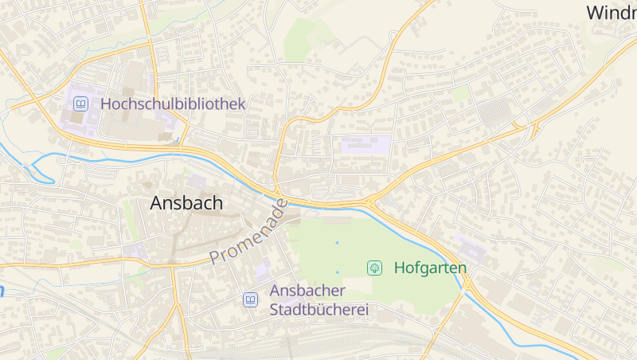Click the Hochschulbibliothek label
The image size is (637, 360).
(x=173, y=104)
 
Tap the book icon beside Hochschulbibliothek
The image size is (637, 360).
(x=80, y=104)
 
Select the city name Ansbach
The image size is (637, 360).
(x=186, y=203)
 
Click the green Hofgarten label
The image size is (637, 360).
(x=430, y=268)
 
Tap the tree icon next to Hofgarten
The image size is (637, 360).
(x=374, y=268)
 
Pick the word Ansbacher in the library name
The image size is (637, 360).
(x=307, y=291)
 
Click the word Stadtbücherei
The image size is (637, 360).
(x=319, y=309)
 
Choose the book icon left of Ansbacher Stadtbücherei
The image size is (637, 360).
(x=251, y=299)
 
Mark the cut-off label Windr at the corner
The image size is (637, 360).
(x=611, y=13)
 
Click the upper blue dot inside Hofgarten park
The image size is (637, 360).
(x=337, y=242)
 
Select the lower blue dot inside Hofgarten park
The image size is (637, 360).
(x=337, y=272)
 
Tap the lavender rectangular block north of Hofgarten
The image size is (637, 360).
(x=365, y=145)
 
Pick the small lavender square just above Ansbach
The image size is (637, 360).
(x=197, y=181)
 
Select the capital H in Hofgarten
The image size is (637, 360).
(x=400, y=268)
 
